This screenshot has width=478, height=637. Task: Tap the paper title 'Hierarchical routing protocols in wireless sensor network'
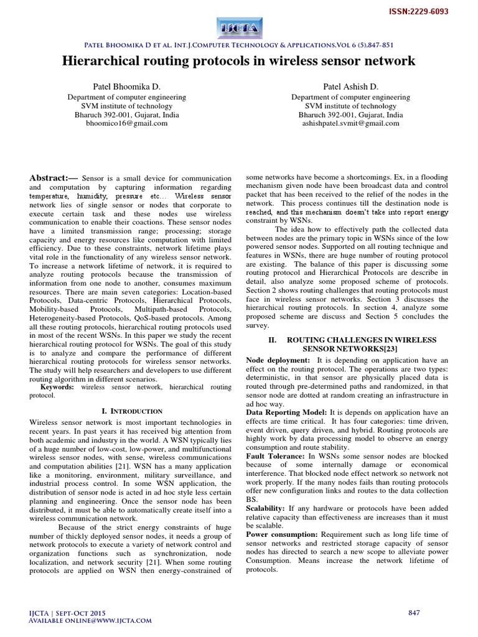(x=239, y=61)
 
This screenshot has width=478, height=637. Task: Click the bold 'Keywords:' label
(x=57, y=386)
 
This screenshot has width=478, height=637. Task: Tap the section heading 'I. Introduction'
(x=131, y=411)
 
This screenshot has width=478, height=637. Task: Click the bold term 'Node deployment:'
(x=278, y=360)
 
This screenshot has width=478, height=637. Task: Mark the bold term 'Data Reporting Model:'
(x=286, y=412)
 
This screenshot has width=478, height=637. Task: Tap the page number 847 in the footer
(x=414, y=613)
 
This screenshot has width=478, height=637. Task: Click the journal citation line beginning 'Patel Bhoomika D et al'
(x=239, y=44)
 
